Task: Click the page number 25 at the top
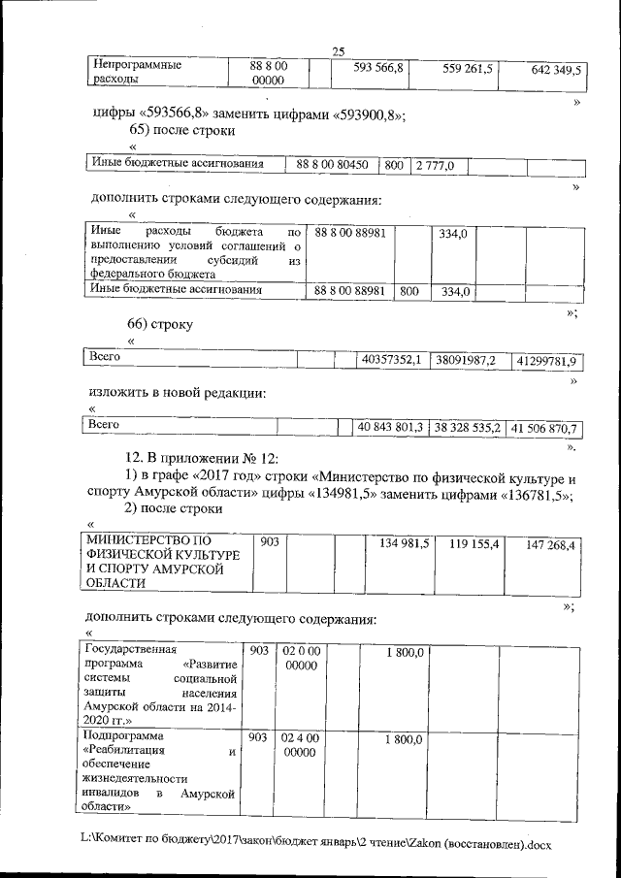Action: point(338,51)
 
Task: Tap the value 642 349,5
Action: point(556,70)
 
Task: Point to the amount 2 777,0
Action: point(436,166)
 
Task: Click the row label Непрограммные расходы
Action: point(136,73)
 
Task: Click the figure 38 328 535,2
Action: point(467,427)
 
